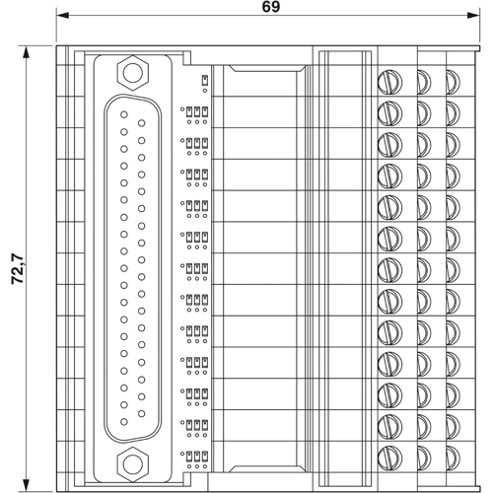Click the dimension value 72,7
18,267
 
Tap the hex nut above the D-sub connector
130,72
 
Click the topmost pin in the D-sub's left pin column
123,114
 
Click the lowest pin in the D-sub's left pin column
123,420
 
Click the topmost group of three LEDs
197,111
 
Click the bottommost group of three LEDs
197,457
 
